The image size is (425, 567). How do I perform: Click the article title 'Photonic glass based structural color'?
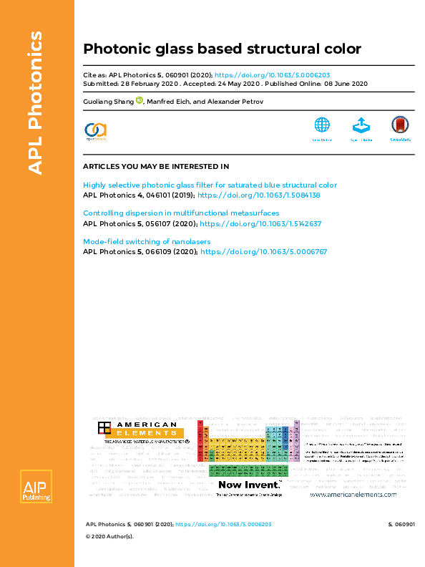[222, 49]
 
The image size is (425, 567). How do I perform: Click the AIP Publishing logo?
[34, 487]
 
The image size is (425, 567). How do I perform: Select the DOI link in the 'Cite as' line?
[272, 74]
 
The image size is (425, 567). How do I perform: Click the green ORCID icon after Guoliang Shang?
[140, 101]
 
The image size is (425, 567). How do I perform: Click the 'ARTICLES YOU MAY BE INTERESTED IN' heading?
[156, 166]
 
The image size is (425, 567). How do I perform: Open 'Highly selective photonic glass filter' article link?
[210, 185]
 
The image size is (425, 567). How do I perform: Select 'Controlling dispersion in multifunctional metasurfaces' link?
[181, 213]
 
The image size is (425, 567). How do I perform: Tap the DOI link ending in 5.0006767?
[263, 252]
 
